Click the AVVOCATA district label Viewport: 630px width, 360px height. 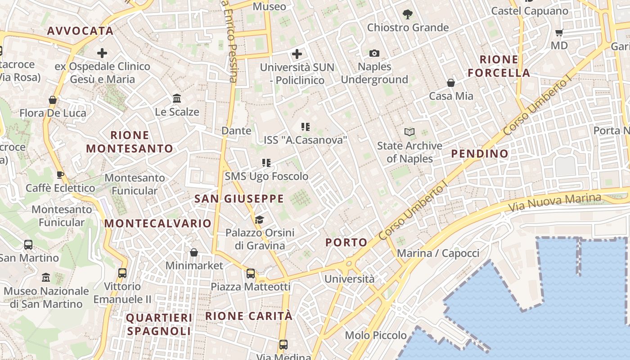80,31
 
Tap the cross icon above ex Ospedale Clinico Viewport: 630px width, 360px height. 102,54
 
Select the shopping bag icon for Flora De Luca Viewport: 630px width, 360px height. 53,99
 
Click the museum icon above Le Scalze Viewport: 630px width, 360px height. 177,98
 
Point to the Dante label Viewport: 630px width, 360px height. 236,130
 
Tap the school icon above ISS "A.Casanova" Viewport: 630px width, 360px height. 306,127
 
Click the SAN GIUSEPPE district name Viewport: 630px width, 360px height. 239,198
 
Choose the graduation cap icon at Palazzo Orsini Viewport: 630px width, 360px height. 259,220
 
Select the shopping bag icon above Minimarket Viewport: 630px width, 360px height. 194,252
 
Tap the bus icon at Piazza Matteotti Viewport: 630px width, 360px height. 251,273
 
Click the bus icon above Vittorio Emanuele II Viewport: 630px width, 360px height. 122,273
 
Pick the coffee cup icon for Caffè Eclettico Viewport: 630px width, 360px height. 60,175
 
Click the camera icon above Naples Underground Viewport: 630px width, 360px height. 374,54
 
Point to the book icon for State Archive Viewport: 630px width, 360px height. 409,132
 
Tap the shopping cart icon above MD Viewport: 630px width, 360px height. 559,32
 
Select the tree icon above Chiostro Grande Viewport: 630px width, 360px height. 408,14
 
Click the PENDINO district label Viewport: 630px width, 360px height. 480,153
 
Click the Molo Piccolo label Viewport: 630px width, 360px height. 376,335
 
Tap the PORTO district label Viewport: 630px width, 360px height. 346,242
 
